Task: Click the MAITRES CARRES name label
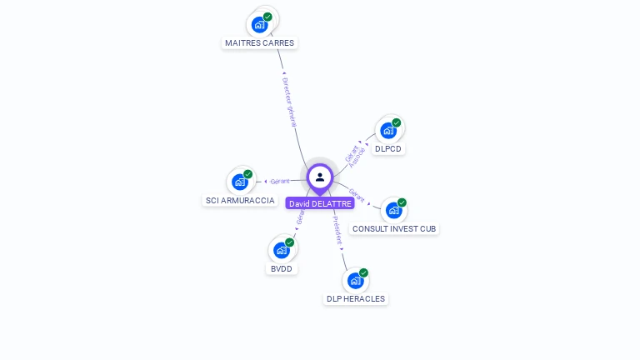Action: point(259,42)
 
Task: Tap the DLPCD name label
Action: point(388,149)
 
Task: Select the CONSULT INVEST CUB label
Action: point(393,228)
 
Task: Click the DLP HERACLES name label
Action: point(356,298)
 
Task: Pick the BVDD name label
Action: point(282,268)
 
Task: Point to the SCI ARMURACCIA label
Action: point(240,200)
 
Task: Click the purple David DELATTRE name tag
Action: point(320,203)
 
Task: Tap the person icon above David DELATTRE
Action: point(320,177)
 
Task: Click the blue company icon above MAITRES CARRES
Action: point(259,24)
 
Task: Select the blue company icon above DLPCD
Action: point(387,130)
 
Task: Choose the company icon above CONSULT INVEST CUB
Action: point(393,210)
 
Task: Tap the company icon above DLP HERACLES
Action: point(355,280)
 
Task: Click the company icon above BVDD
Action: point(282,250)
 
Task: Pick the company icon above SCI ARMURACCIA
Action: point(240,182)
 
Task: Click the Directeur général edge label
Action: point(291,102)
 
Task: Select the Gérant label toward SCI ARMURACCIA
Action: point(279,181)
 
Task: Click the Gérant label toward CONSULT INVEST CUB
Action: point(357,196)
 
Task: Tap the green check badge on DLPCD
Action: point(397,122)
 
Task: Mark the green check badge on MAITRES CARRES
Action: point(267,17)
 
